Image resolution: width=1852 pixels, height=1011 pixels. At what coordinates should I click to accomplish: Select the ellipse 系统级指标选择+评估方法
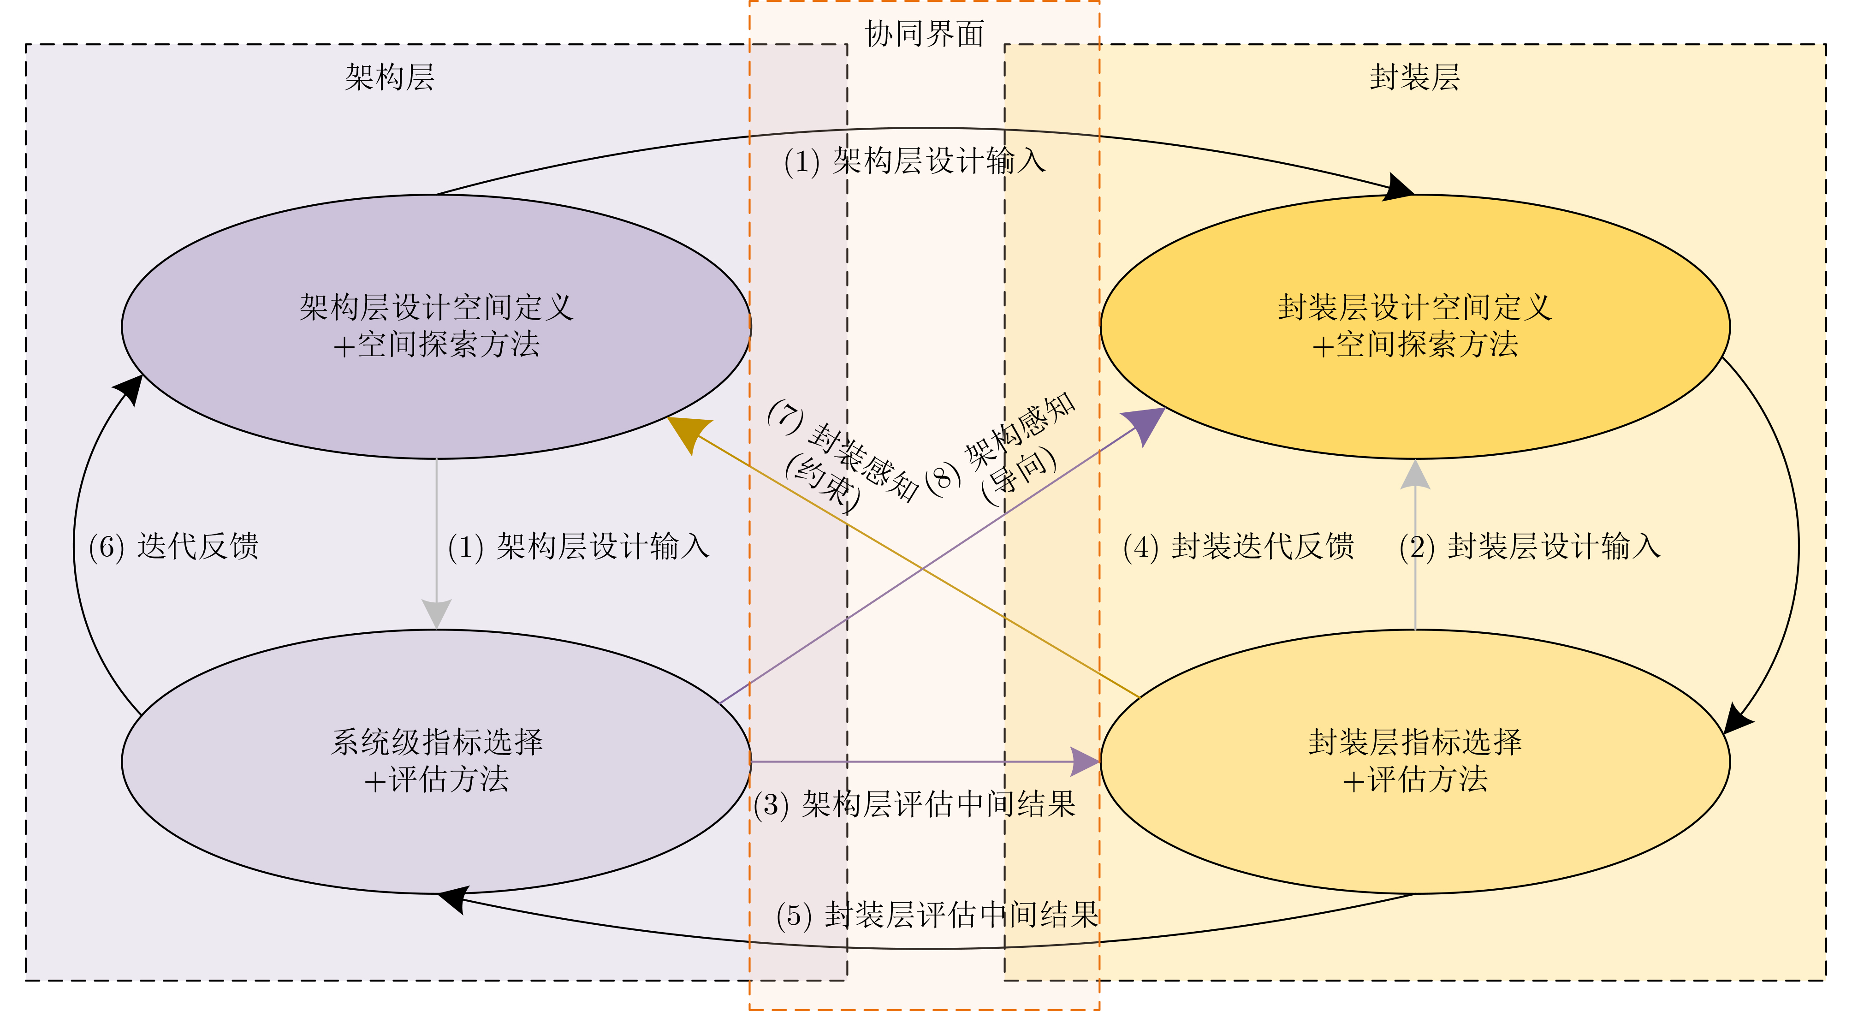(x=436, y=761)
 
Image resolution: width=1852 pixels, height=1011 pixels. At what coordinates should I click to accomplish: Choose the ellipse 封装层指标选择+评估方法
(x=1414, y=761)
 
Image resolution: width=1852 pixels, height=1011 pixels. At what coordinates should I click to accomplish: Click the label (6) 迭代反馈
(x=173, y=547)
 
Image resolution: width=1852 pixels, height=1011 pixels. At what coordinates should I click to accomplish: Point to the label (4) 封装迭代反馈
(x=1238, y=547)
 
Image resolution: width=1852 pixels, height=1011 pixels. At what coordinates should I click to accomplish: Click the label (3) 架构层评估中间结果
(x=914, y=804)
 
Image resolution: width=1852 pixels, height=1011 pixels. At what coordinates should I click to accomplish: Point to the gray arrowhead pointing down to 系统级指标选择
(x=436, y=613)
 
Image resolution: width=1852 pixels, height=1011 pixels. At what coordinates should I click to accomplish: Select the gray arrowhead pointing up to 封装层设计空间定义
(x=1415, y=475)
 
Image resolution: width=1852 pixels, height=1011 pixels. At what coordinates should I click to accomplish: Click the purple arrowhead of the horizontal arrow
(x=1085, y=761)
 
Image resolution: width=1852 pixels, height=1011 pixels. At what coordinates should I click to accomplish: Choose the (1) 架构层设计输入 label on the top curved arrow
(x=914, y=161)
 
